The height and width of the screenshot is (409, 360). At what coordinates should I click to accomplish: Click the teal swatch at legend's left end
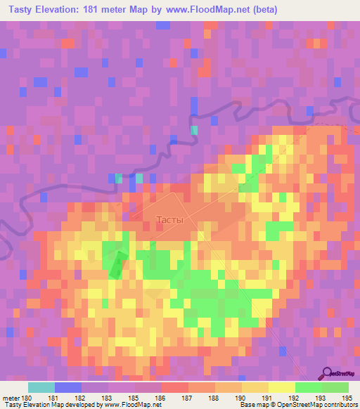click(41, 387)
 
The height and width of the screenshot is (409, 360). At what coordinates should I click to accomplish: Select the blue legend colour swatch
click(67, 387)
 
